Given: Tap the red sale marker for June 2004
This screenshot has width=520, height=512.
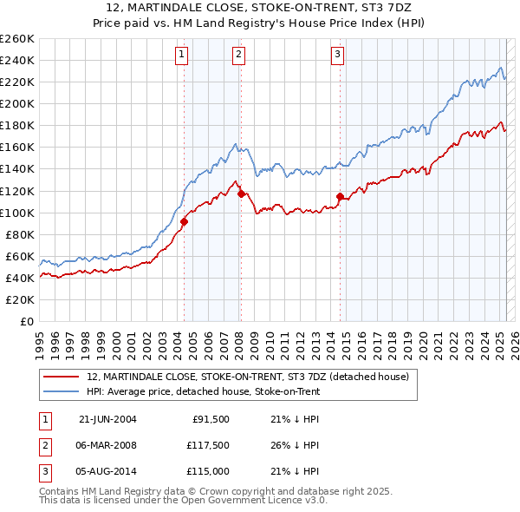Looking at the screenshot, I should (184, 221).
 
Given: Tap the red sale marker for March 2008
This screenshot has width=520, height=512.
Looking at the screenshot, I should (241, 194).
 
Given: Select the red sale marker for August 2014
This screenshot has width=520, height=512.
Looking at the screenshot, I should (340, 196).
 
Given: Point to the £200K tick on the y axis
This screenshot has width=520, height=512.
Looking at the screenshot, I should (16, 103).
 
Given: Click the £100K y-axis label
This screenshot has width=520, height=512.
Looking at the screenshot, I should (16, 213).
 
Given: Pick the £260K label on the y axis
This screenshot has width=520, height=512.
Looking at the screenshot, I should (16, 38).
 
